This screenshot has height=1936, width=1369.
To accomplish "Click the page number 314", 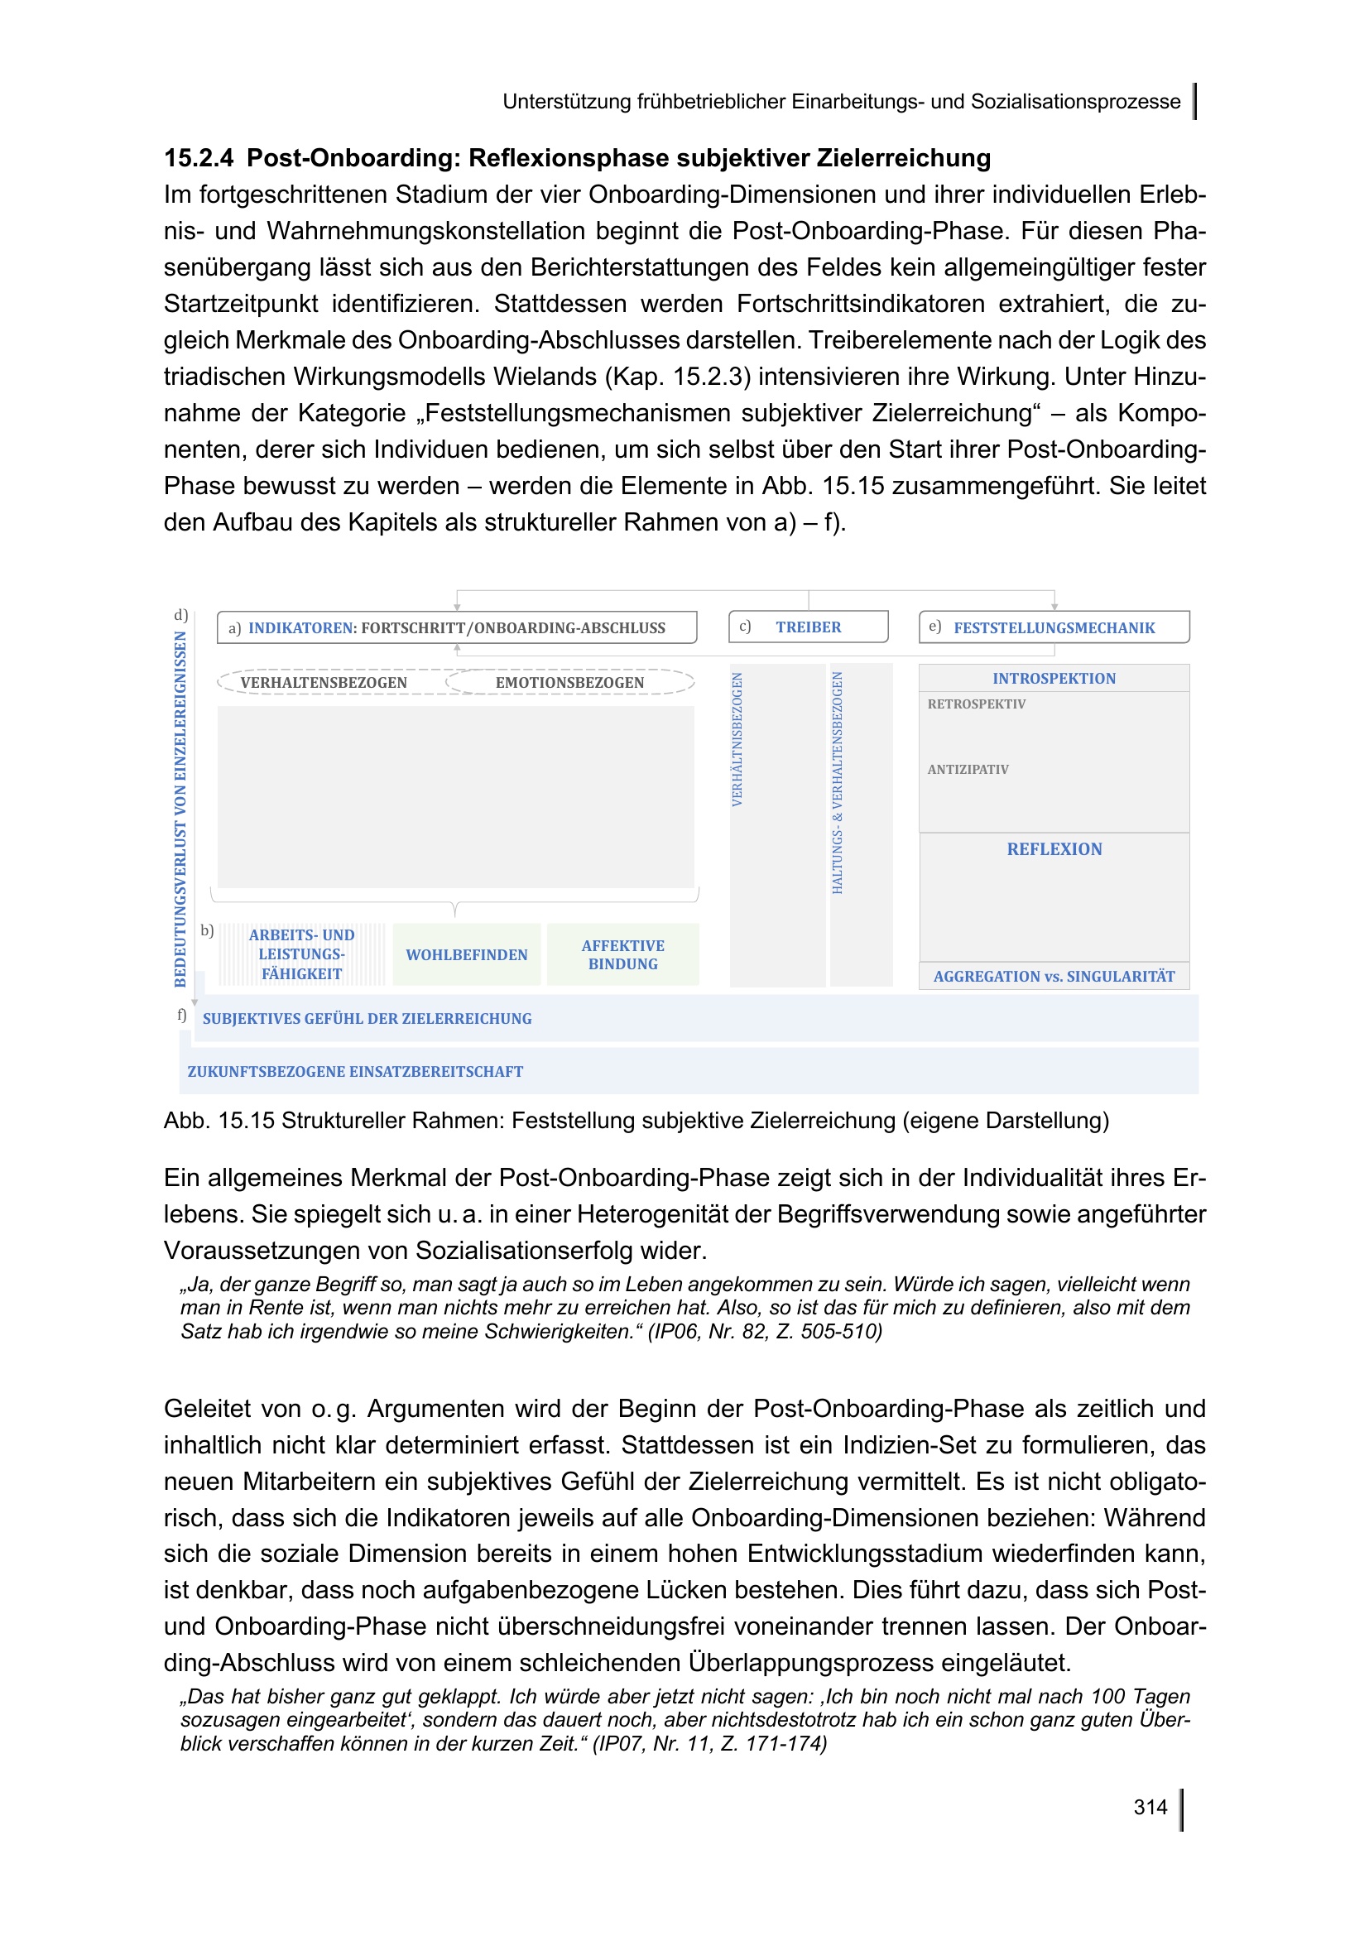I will pos(1150,1806).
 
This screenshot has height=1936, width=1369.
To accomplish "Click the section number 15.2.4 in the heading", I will pos(198,159).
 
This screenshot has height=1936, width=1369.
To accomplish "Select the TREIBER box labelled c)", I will pos(808,627).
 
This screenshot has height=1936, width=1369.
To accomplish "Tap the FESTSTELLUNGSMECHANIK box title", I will pos(1054,628).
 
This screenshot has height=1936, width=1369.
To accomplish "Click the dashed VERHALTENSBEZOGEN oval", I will pos(324,683).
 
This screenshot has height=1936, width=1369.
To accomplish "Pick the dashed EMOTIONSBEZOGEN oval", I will pos(569,683).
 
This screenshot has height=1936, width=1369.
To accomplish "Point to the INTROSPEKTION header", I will pos(1054,679).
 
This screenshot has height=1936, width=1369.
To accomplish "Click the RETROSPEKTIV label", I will pos(976,704).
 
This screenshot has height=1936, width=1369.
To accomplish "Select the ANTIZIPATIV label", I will pos(968,770).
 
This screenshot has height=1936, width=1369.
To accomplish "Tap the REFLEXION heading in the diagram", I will pos(1054,850).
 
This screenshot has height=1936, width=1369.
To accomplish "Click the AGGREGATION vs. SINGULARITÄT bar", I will pos(1054,977).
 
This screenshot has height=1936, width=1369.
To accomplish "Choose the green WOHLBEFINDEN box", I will pos(466,955).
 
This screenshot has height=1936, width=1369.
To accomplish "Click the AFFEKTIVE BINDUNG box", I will pos(623,955).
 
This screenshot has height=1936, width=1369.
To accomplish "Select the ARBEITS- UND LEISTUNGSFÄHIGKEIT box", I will pos(302,954).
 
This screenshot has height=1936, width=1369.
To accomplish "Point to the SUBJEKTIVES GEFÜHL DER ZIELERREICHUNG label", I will pos(367,1019).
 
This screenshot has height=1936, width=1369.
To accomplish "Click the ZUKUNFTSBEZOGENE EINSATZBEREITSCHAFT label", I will pos(355,1072).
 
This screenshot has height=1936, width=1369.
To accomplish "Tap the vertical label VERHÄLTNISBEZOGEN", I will pos(737,739).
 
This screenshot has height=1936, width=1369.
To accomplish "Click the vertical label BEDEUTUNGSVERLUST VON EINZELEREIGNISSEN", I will pos(180,809).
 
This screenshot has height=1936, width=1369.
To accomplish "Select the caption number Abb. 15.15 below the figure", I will pos(219,1121).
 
